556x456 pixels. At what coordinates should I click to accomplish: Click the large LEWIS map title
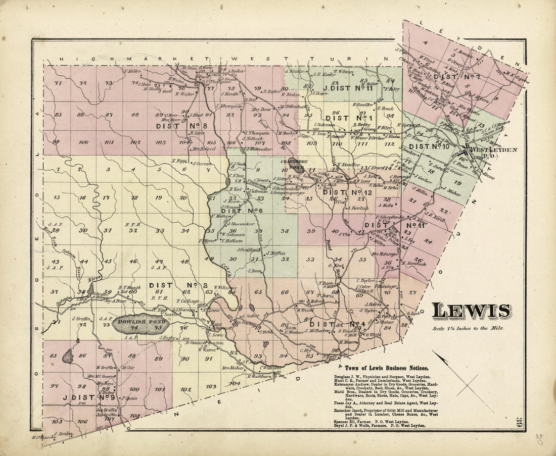pyautogui.click(x=471, y=311)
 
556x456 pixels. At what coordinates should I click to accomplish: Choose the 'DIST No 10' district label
pyautogui.click(x=429, y=146)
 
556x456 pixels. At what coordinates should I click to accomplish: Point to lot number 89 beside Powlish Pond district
pyautogui.click(x=158, y=359)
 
